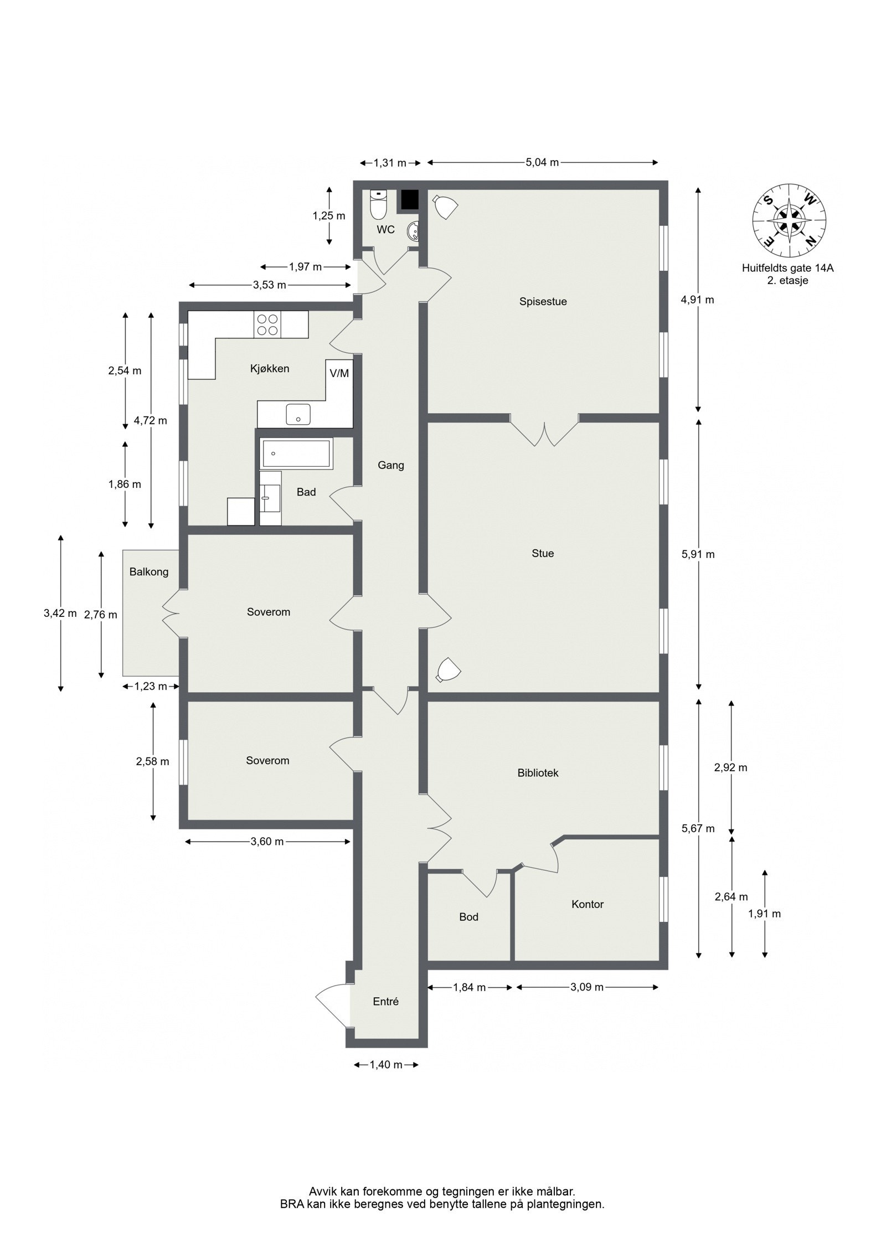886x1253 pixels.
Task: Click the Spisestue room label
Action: coord(543,302)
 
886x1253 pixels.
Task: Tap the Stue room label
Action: coord(543,553)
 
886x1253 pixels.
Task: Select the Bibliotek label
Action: coord(538,772)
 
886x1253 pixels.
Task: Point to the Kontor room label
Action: coord(588,904)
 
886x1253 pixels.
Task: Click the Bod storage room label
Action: coord(468,917)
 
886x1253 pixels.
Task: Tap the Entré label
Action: coord(385,1001)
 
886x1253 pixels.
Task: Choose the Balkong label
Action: coord(149,572)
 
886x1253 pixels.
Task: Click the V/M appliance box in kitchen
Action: coord(339,373)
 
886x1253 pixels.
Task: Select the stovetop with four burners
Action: coord(267,325)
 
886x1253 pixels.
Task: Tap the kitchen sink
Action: coord(298,414)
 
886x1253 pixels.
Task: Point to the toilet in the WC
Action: coord(378,206)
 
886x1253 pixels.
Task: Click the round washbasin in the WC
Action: coord(413,231)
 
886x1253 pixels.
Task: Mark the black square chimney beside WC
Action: coord(409,200)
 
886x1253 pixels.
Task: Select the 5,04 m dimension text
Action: coord(542,163)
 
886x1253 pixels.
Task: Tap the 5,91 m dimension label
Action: coord(698,554)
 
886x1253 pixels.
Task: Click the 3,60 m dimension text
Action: coord(267,842)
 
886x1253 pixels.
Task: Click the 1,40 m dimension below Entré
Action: coord(386,1065)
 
